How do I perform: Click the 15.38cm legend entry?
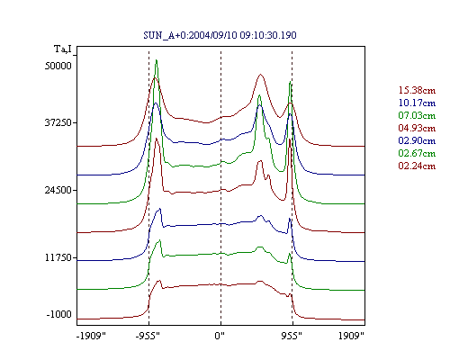pos(417,90)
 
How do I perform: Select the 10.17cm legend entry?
pos(417,103)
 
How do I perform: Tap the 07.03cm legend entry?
pos(417,115)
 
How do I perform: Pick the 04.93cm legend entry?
pos(417,128)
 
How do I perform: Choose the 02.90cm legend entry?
pos(417,140)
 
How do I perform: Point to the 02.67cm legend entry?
pos(417,153)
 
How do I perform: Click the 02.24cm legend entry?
pos(417,166)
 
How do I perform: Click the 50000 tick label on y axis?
pos(58,66)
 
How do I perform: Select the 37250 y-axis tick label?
pos(58,122)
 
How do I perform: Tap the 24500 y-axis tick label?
pos(58,190)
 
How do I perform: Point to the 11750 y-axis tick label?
pos(58,257)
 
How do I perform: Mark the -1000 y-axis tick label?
pos(59,314)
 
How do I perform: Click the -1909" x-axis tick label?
pos(91,336)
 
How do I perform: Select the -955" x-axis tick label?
pos(148,336)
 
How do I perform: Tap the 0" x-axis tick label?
pos(220,336)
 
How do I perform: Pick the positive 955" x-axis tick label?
pos(292,336)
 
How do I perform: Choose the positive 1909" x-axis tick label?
pos(351,336)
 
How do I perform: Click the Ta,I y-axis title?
pos(63,49)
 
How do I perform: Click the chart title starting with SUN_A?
pos(220,35)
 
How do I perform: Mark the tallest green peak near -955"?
pos(157,60)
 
